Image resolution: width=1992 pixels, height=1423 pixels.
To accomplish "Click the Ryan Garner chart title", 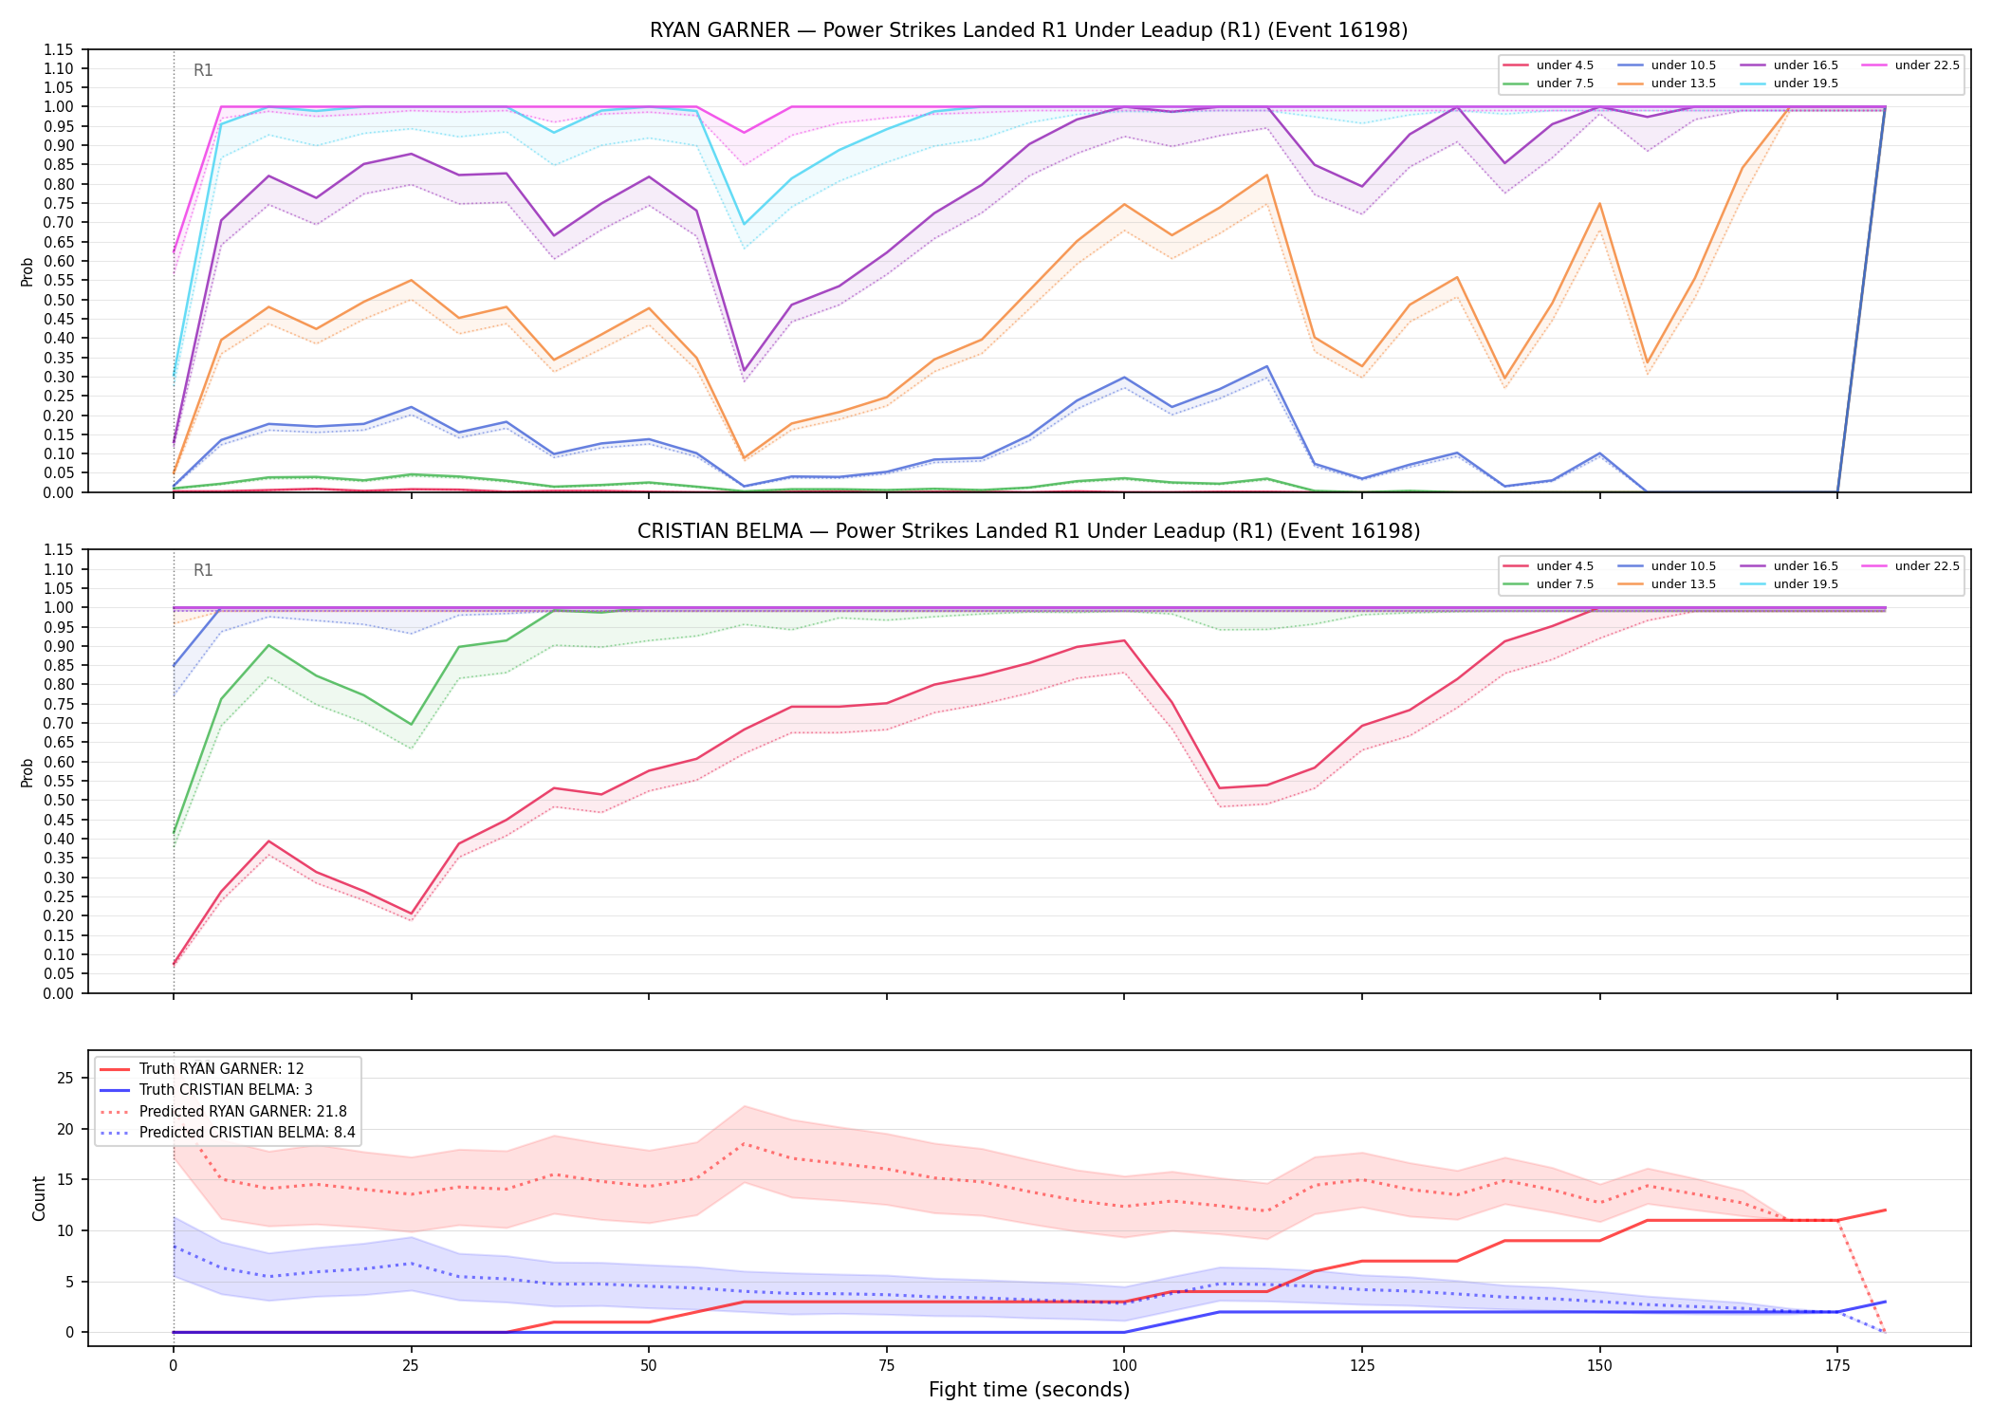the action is tap(1028, 30).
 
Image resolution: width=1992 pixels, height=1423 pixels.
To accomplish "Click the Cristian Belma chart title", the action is tap(1028, 531).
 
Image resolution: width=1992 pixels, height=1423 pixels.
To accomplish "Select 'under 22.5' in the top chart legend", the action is tap(1927, 65).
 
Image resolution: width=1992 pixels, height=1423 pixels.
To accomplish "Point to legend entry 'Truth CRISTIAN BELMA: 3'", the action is tap(226, 1090).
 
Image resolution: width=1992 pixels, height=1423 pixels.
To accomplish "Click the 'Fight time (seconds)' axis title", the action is tap(1029, 1390).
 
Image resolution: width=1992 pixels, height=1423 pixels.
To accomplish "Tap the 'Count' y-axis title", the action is tap(39, 1198).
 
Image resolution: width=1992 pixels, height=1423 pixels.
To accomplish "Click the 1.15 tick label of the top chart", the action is tap(58, 49).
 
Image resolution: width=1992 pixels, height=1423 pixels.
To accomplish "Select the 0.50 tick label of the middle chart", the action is tap(58, 801).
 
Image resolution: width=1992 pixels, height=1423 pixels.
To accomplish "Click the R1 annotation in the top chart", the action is tap(203, 70).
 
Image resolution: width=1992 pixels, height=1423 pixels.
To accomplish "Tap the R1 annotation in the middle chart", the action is tap(203, 570).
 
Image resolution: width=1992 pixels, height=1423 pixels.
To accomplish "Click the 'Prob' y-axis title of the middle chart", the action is tap(28, 772).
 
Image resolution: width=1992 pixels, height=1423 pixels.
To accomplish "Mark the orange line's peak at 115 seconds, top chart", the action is tap(1266, 175).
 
